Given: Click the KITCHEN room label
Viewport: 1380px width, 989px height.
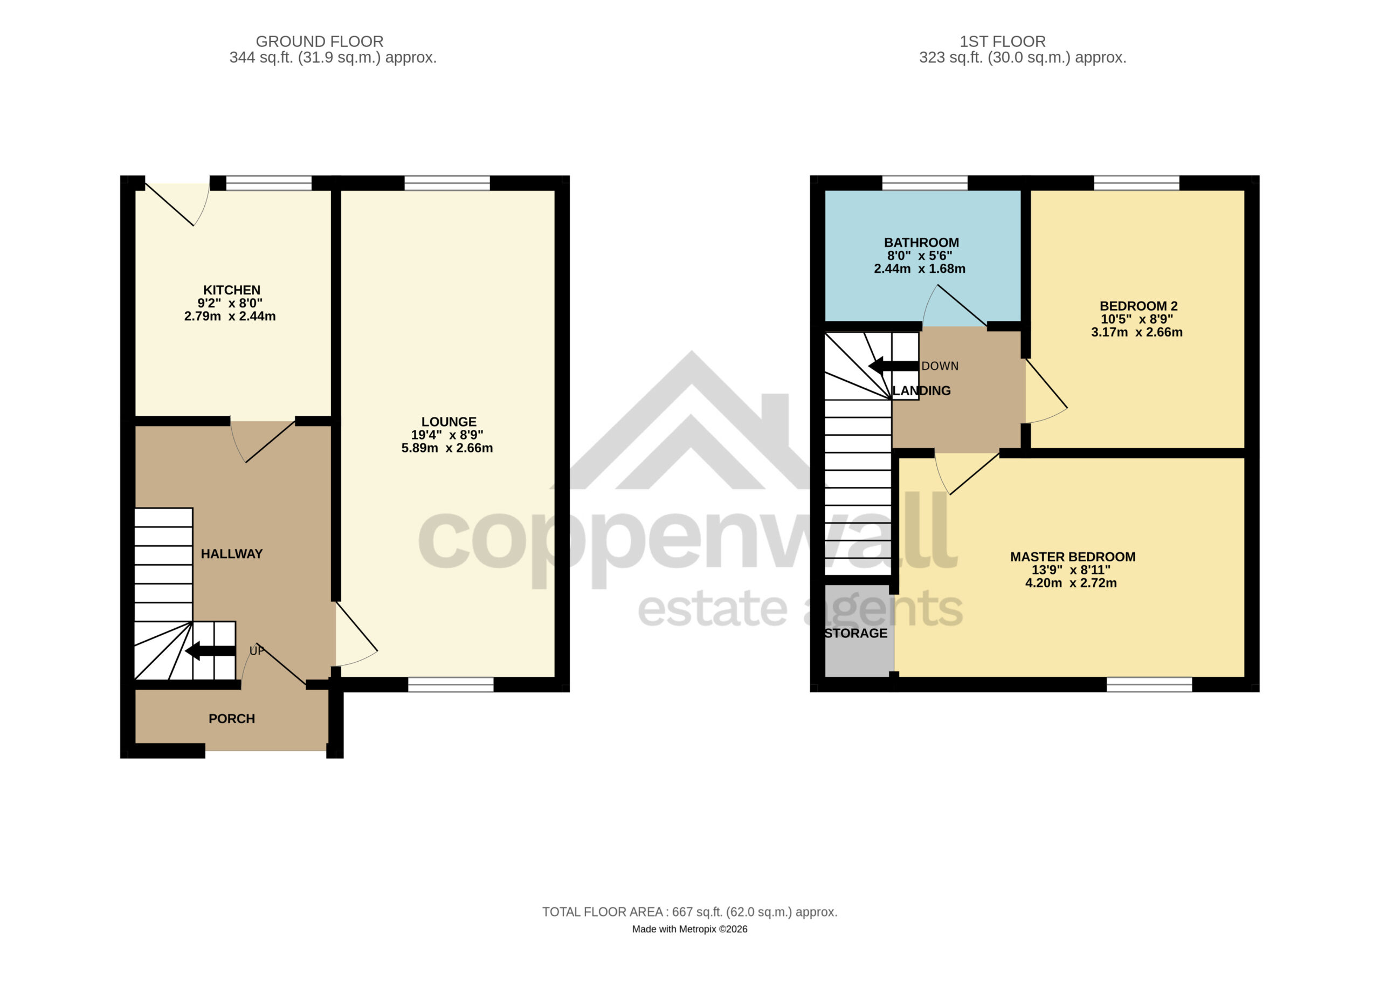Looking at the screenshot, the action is tap(232, 290).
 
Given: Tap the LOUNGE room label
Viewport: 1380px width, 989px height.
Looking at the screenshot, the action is tap(449, 422).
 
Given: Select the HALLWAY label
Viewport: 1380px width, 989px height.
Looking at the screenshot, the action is tap(232, 554).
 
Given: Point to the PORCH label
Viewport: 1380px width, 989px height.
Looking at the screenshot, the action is tap(232, 719).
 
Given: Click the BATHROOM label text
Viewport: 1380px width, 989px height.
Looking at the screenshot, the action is tap(922, 243).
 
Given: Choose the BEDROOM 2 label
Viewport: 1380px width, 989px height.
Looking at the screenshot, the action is tap(1139, 306).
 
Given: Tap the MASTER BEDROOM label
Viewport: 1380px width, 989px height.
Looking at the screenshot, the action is tap(1073, 557).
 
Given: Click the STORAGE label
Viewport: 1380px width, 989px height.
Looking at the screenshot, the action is tap(856, 634).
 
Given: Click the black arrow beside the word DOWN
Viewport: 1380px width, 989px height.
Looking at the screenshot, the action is tap(893, 366).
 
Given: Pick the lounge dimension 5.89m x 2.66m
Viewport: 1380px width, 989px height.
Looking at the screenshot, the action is tap(447, 449).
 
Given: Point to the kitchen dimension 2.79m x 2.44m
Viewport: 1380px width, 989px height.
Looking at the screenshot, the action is tap(230, 317).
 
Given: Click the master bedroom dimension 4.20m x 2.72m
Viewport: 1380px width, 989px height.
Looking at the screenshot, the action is tap(1072, 583).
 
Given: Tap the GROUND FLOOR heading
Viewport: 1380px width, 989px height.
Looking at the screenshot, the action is tap(320, 42).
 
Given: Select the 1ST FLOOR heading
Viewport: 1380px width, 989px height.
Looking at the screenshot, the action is tap(1003, 42).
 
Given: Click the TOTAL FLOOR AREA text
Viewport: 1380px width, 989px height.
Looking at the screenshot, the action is tap(690, 912).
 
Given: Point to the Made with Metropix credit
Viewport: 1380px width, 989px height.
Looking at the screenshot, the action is tap(690, 929).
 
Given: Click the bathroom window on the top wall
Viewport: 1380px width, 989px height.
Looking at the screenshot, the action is tap(925, 183).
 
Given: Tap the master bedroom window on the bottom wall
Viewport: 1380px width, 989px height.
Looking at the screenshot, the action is tap(1149, 685).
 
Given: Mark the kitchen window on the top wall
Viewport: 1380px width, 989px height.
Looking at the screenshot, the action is tap(269, 183).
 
